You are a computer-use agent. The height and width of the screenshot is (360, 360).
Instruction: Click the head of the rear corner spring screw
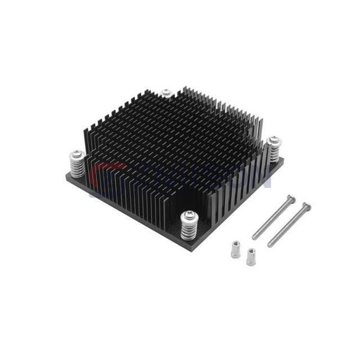(x=167, y=92)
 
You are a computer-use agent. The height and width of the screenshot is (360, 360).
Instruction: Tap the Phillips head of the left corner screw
(x=77, y=153)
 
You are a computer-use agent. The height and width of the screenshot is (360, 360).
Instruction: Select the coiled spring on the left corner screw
(x=77, y=166)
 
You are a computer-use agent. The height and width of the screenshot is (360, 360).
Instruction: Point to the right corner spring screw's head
(x=274, y=139)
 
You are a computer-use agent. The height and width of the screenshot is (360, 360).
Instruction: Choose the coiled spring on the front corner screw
(x=188, y=229)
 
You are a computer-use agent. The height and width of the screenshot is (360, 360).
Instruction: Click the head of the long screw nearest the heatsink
(x=292, y=198)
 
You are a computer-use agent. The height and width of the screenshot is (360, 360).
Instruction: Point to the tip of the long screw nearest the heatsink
(x=254, y=238)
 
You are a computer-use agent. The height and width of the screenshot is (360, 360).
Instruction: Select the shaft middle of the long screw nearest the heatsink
(x=273, y=218)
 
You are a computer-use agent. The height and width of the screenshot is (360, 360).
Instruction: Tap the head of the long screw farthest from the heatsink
(x=306, y=206)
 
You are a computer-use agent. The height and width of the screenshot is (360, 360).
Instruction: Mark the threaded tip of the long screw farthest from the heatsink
(x=269, y=245)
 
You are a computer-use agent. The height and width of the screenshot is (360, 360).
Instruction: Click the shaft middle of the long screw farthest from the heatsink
(x=288, y=226)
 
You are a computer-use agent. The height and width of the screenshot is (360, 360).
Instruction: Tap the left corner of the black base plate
(x=65, y=176)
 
